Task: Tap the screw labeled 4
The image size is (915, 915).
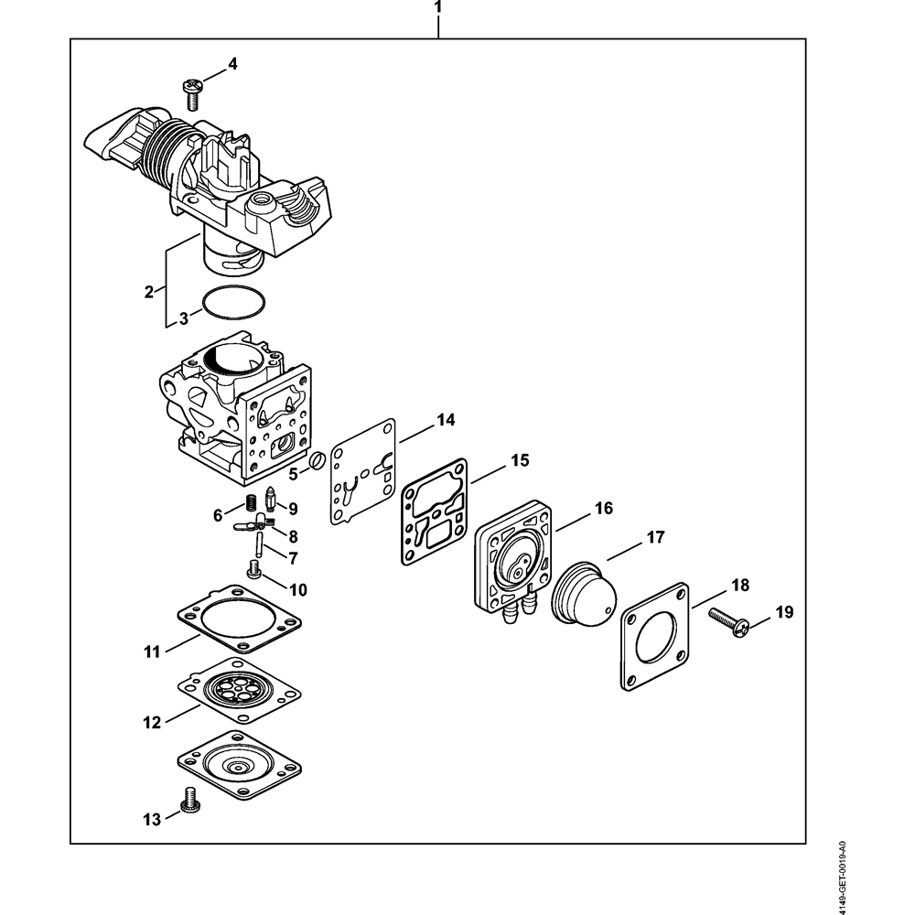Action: point(192,89)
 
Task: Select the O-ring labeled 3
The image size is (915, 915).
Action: point(233,303)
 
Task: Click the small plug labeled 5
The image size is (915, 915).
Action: point(317,460)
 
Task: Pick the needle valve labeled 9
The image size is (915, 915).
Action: point(270,501)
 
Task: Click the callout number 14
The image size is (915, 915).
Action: point(446,421)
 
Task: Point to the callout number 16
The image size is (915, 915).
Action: point(604,508)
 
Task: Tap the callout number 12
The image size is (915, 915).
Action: point(151,722)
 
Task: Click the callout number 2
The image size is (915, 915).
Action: point(148,292)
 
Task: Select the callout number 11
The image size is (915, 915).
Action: point(151,651)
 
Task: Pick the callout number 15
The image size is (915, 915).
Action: point(520,460)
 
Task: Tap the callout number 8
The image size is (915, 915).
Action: point(293,536)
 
